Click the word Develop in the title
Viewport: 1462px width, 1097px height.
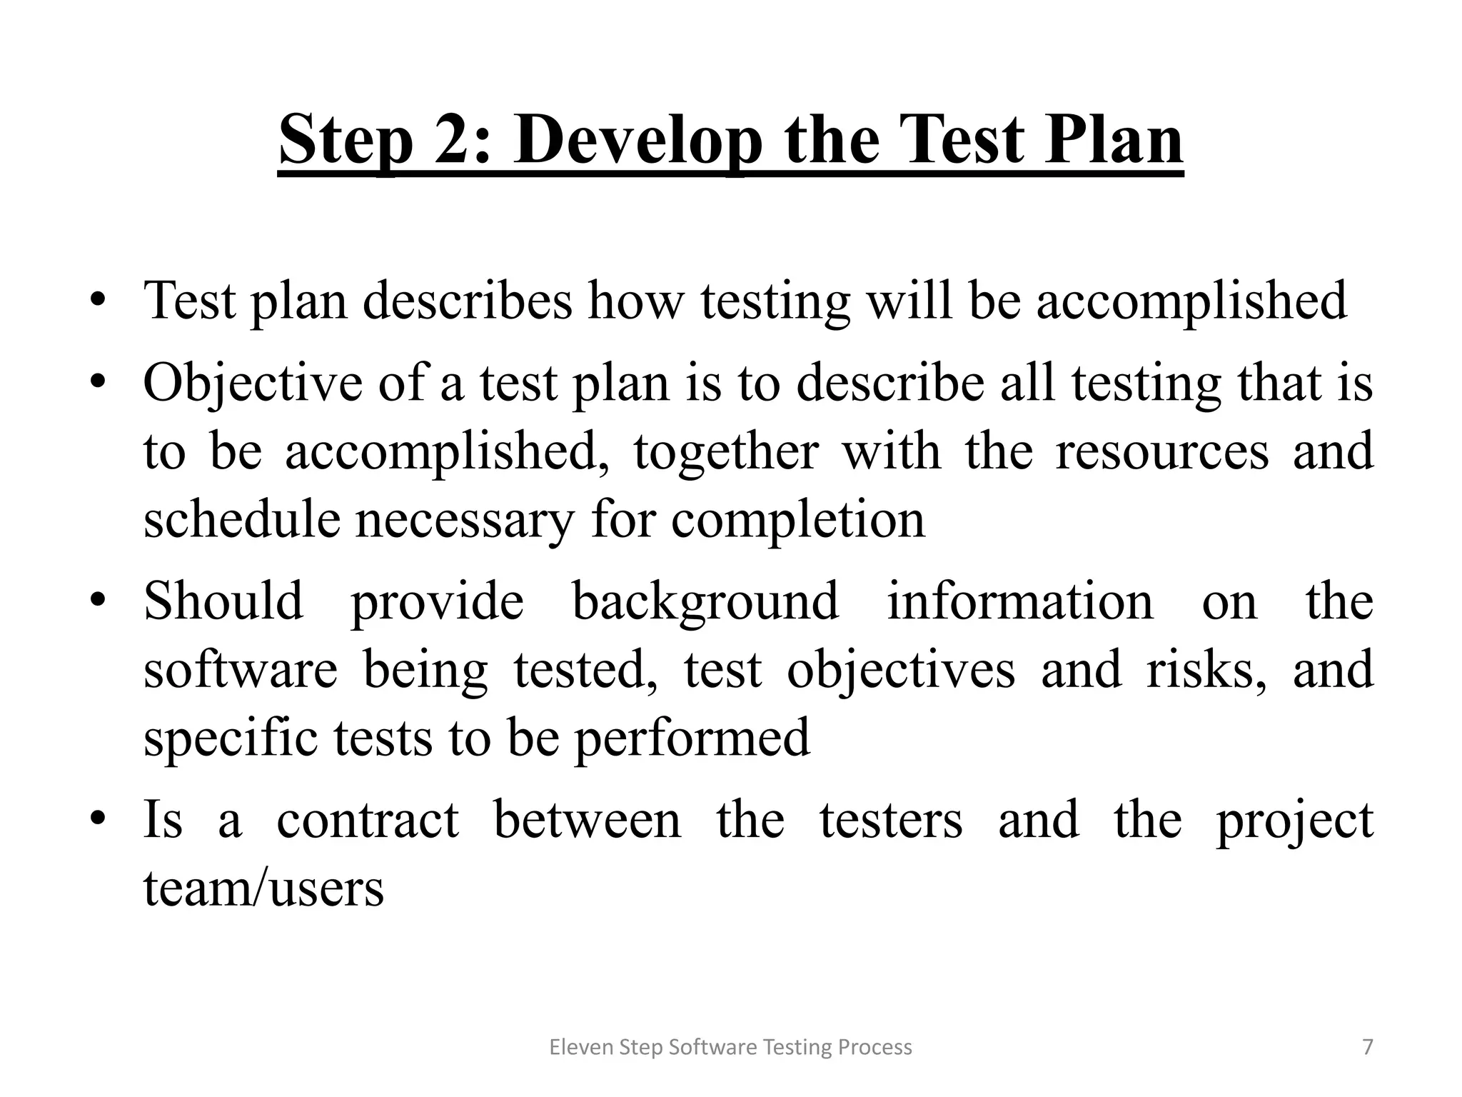[x=638, y=141]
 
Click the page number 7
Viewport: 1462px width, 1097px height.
[x=1368, y=1047]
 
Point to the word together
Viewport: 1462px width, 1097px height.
[x=725, y=453]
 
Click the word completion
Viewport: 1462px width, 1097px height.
[x=797, y=521]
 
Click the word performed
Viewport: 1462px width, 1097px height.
[x=692, y=738]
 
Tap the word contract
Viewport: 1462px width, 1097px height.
[x=368, y=820]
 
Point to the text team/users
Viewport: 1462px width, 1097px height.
[x=263, y=888]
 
